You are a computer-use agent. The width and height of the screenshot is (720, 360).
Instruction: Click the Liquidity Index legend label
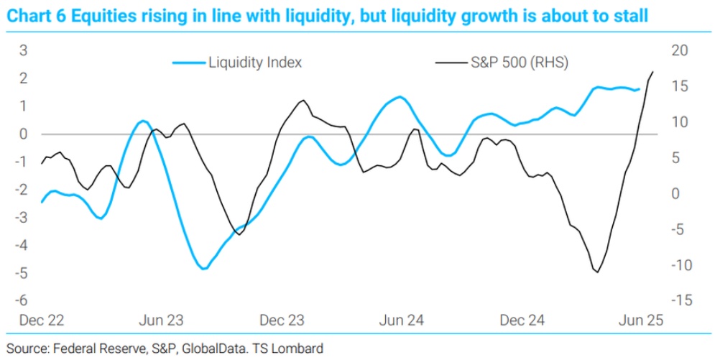click(x=255, y=63)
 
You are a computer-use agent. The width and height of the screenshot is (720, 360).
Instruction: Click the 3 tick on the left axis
click(x=24, y=50)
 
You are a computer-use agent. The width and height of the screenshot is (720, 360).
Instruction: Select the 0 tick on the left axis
click(x=24, y=134)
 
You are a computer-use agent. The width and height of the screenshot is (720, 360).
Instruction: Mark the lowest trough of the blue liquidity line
click(x=204, y=269)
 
